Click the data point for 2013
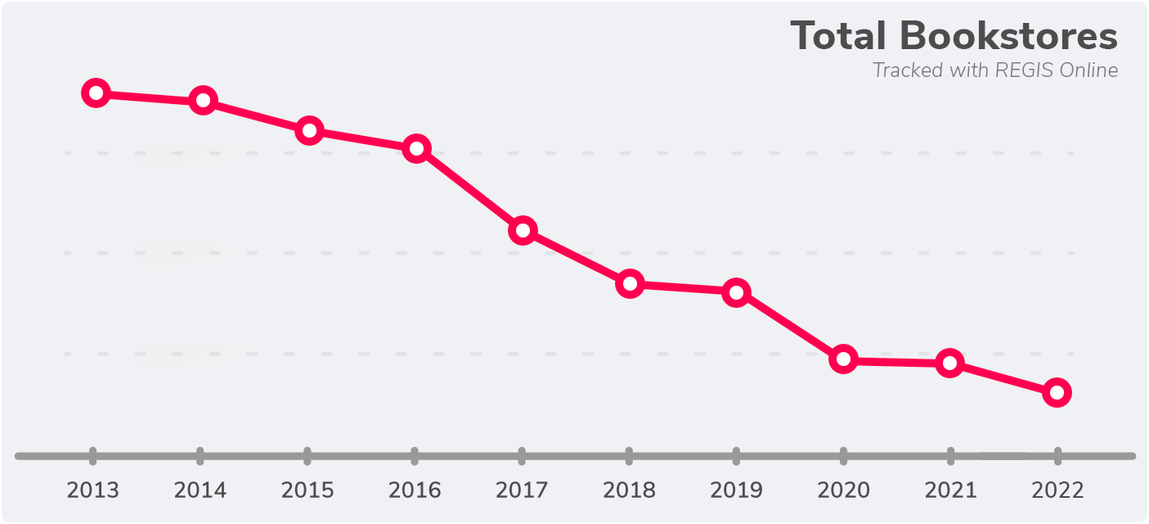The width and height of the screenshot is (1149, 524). [x=96, y=93]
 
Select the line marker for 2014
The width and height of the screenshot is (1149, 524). [x=202, y=101]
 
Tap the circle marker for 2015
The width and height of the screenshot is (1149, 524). [x=308, y=130]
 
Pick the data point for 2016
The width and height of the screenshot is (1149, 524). [x=416, y=148]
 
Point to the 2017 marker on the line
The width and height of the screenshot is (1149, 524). [x=523, y=230]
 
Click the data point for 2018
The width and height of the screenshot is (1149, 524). [x=630, y=284]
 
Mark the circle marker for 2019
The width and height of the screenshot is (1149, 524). [x=737, y=292]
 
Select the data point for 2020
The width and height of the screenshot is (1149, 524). [x=843, y=359]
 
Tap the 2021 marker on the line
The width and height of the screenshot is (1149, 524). [x=949, y=363]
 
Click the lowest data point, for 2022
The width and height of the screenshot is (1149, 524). [x=1057, y=393]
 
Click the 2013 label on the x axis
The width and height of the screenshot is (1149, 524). [x=93, y=490]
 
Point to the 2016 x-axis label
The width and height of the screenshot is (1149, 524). [x=415, y=490]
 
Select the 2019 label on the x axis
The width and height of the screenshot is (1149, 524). [x=736, y=490]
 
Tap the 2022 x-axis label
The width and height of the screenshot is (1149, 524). [x=1057, y=490]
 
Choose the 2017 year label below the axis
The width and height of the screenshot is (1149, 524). [x=522, y=490]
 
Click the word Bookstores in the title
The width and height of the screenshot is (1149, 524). [x=1008, y=37]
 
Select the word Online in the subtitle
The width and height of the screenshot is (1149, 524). [x=1088, y=70]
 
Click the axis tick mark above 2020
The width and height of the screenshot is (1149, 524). [x=843, y=456]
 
